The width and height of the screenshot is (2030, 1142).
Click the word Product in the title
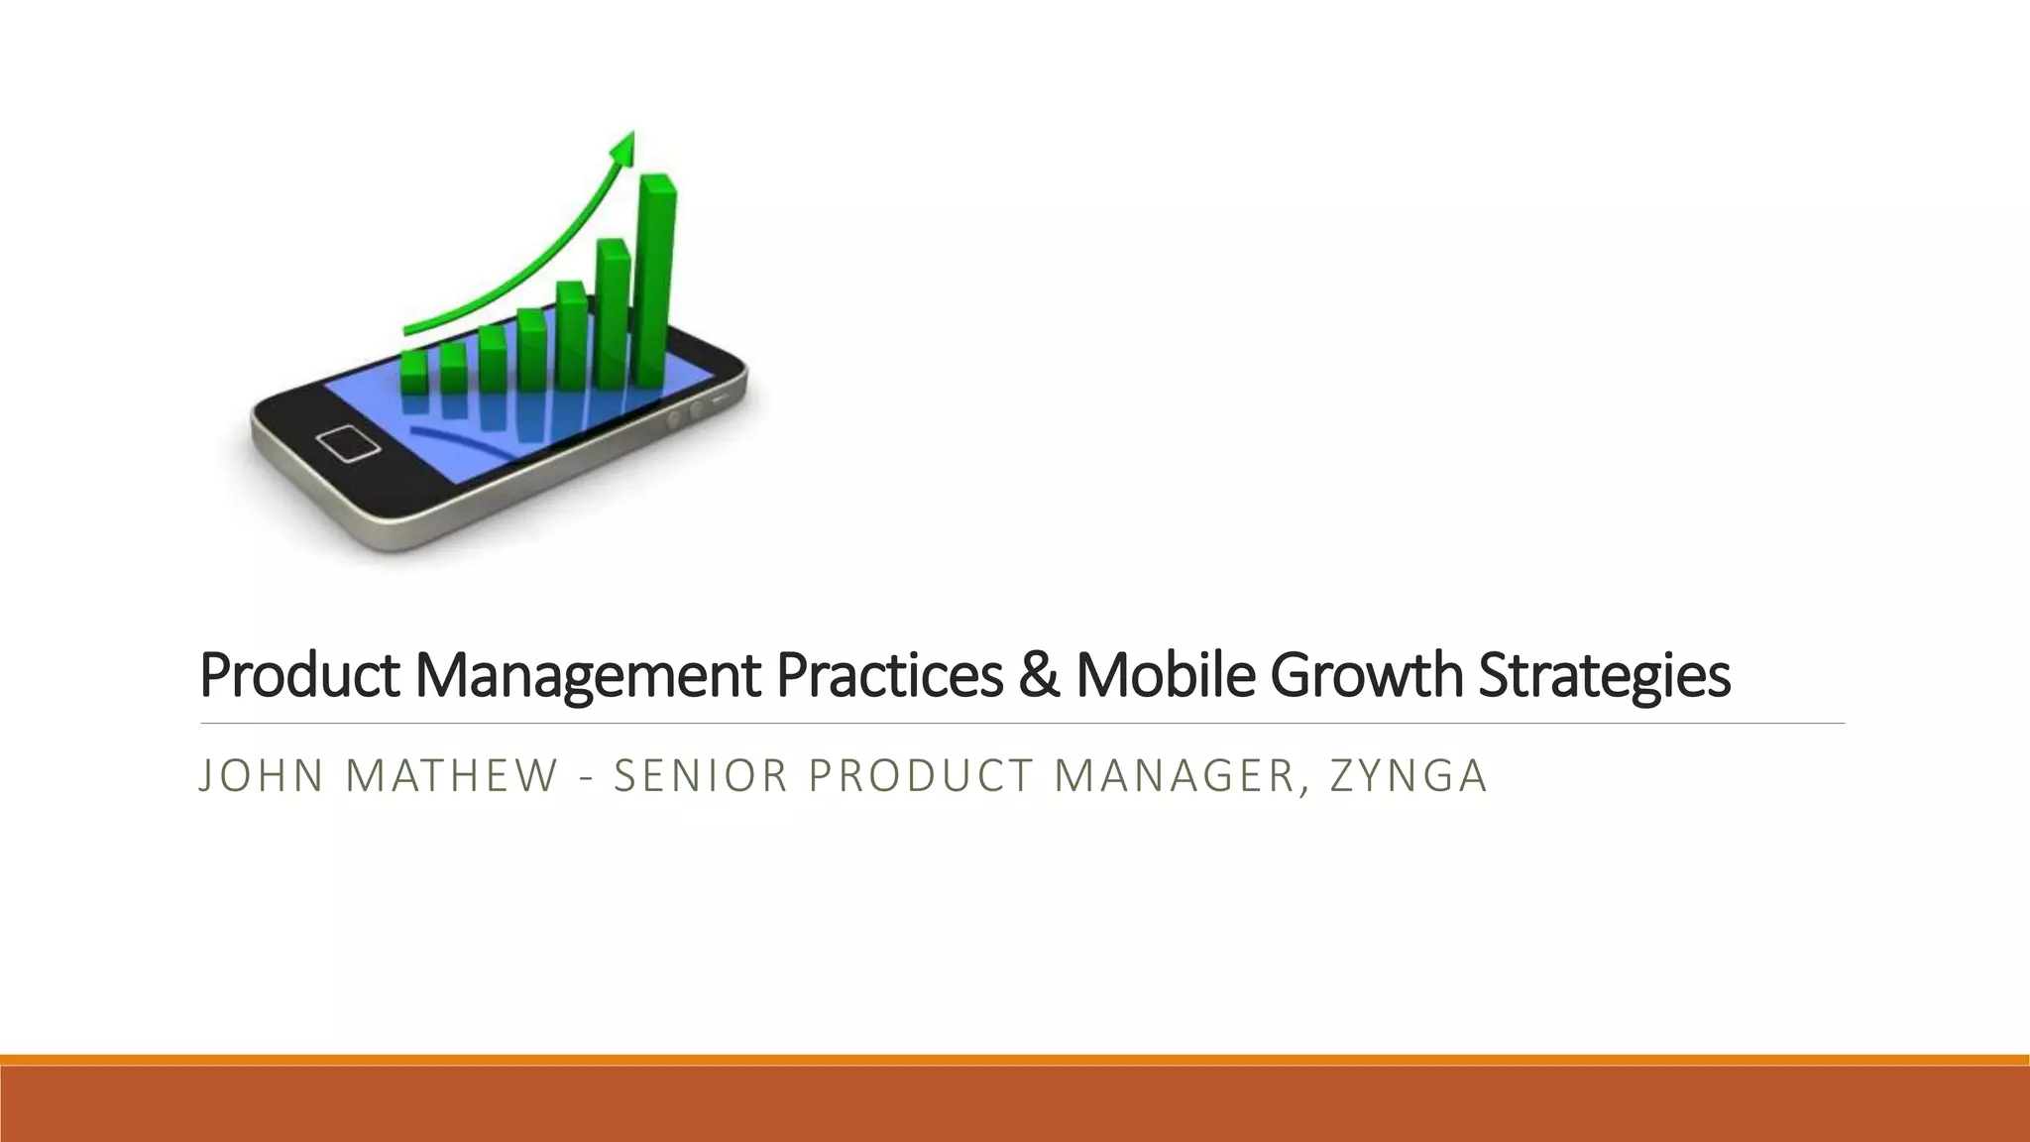coord(299,675)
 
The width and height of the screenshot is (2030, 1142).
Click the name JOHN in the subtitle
coord(261,775)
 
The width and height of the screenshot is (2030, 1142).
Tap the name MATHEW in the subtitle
coord(452,775)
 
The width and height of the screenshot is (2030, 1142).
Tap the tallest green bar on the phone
coord(655,283)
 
